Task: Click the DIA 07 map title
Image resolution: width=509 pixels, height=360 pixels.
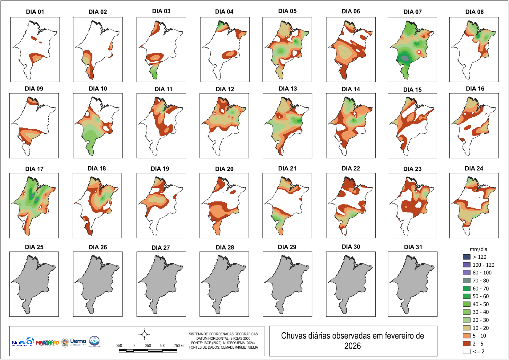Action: pyautogui.click(x=412, y=12)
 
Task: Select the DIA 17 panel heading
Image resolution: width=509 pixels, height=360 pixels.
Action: pyautogui.click(x=34, y=169)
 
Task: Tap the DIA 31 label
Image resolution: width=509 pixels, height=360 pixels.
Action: pyautogui.click(x=413, y=247)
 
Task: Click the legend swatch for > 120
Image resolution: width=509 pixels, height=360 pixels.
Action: pyautogui.click(x=467, y=257)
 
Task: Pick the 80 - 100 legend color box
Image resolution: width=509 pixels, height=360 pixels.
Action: pyautogui.click(x=467, y=273)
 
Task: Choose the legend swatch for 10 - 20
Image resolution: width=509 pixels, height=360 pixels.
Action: pyautogui.click(x=467, y=328)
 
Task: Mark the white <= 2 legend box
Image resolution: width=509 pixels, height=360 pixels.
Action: pyautogui.click(x=467, y=351)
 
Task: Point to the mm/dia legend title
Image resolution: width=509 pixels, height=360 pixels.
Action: pyautogui.click(x=478, y=249)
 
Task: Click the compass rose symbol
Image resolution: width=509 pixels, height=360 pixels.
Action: pyautogui.click(x=144, y=334)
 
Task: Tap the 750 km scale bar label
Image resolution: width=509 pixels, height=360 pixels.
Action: pyautogui.click(x=180, y=346)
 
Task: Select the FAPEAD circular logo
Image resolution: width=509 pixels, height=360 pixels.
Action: pyautogui.click(x=94, y=341)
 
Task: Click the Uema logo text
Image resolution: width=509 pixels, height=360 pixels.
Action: pyautogui.click(x=78, y=342)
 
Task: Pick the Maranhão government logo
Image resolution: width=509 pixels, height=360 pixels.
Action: pyautogui.click(x=47, y=342)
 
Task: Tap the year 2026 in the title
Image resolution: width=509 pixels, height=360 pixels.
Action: pyautogui.click(x=352, y=346)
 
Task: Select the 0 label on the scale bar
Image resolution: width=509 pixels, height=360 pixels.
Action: pyautogui.click(x=134, y=346)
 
